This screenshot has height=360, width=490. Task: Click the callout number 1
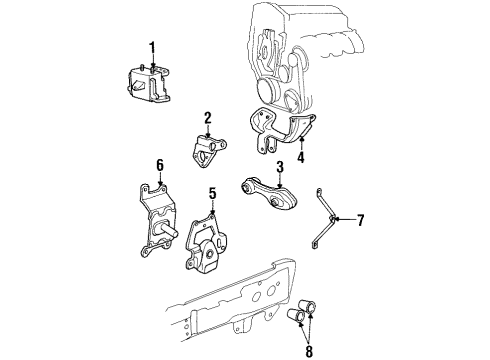coord(152,46)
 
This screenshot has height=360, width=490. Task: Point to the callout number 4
coord(300,156)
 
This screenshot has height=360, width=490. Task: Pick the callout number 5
coord(212,193)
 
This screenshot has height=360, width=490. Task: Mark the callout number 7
coord(362,219)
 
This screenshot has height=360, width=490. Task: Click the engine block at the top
coord(300,50)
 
